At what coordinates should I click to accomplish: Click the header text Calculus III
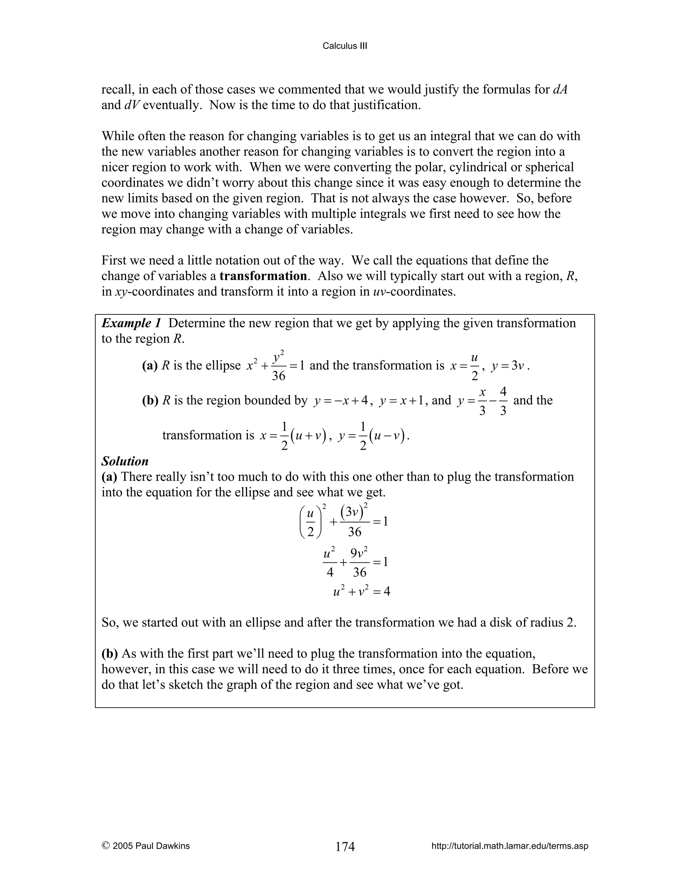coord(345,46)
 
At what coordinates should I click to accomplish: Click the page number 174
coord(345,846)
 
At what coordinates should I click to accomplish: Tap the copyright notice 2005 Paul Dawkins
coord(146,846)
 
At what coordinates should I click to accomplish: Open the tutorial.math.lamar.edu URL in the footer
coord(510,846)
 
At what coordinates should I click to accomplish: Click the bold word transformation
coord(263,276)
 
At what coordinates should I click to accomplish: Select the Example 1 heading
coord(132,323)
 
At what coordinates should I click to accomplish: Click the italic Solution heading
coord(125,461)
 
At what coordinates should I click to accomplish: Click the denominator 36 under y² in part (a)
coord(278,376)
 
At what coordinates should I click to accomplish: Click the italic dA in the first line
coord(560,90)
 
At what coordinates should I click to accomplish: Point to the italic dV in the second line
coord(132,105)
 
